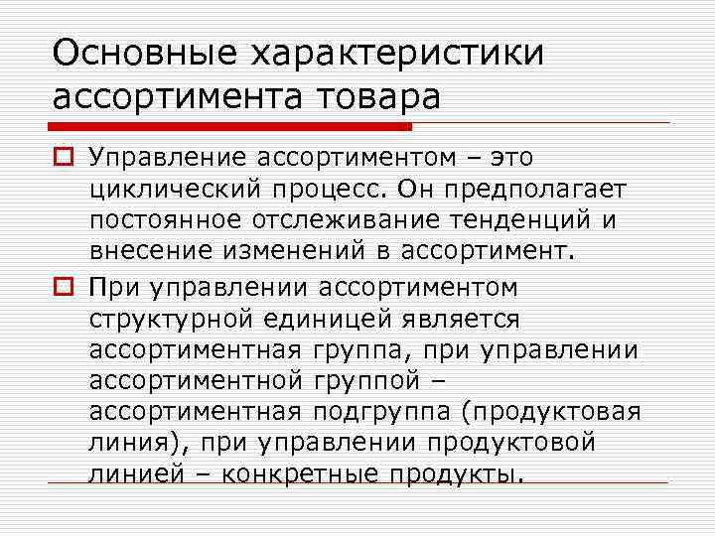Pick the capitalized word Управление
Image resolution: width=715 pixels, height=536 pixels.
coord(168,158)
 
